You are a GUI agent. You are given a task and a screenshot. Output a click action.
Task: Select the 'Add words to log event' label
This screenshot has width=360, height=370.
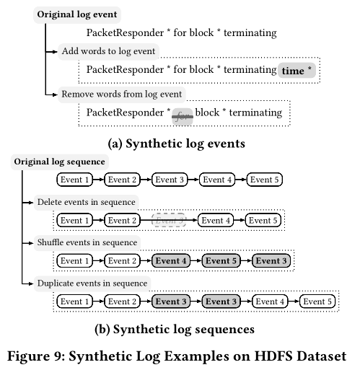click(x=107, y=52)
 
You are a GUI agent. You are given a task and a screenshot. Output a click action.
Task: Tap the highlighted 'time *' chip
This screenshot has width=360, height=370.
click(x=297, y=70)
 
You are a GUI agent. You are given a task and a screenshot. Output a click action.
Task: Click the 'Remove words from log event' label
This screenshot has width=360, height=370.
click(x=120, y=94)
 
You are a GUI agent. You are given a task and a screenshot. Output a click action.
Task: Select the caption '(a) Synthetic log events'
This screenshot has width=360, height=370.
click(x=176, y=144)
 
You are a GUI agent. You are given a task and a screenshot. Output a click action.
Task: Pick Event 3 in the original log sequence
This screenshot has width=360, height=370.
click(x=172, y=180)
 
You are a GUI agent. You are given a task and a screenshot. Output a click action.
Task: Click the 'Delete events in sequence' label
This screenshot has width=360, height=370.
click(x=86, y=202)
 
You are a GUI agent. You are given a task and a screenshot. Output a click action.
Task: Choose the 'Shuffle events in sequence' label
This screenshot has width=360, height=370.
click(x=87, y=242)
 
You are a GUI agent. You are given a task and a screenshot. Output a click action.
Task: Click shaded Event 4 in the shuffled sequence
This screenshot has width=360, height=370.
click(x=172, y=261)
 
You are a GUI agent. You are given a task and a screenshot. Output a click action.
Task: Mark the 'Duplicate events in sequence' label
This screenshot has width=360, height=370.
click(x=92, y=283)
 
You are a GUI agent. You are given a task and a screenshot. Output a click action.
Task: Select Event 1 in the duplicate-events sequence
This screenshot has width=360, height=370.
click(x=76, y=301)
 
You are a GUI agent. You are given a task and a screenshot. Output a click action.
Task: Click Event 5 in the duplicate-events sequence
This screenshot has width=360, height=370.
click(x=317, y=301)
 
